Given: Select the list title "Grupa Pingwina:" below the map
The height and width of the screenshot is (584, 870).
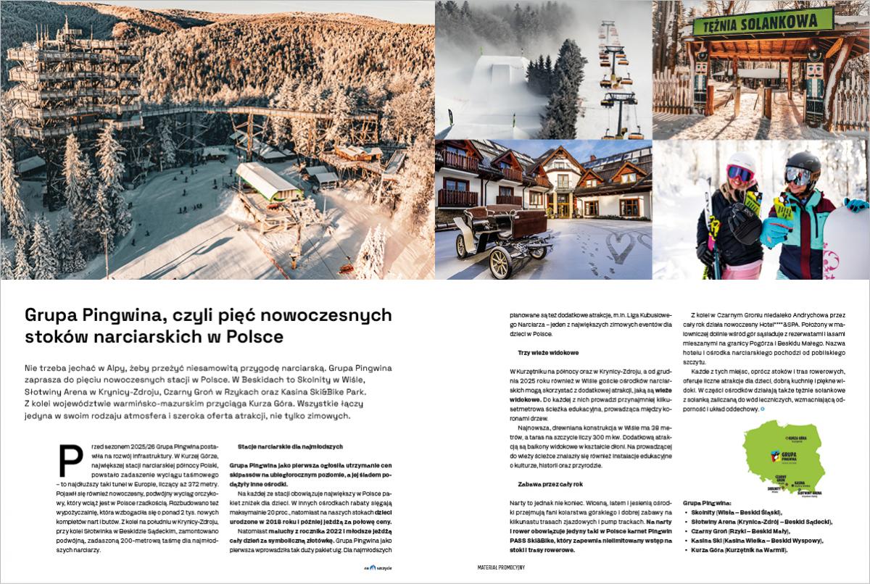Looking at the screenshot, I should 707,501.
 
